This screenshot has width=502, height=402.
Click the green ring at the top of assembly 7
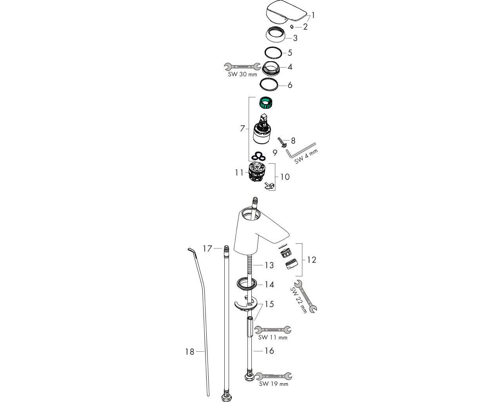pyautogui.click(x=266, y=104)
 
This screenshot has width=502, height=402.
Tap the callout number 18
pyautogui.click(x=189, y=352)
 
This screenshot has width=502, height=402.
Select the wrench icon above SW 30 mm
pyautogui.click(x=242, y=66)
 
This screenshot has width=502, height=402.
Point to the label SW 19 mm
pyautogui.click(x=273, y=384)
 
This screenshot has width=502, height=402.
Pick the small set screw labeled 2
pyautogui.click(x=292, y=27)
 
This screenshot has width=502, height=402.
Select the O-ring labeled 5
pyautogui.click(x=273, y=52)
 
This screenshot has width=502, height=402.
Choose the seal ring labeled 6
pyautogui.click(x=271, y=84)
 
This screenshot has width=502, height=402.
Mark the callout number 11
pyautogui.click(x=239, y=172)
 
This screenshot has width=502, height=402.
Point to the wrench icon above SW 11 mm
pyautogui.click(x=273, y=329)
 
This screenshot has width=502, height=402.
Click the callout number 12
pyautogui.click(x=311, y=260)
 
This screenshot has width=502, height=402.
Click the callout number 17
pyautogui.click(x=207, y=249)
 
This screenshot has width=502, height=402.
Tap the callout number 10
pyautogui.click(x=285, y=177)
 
